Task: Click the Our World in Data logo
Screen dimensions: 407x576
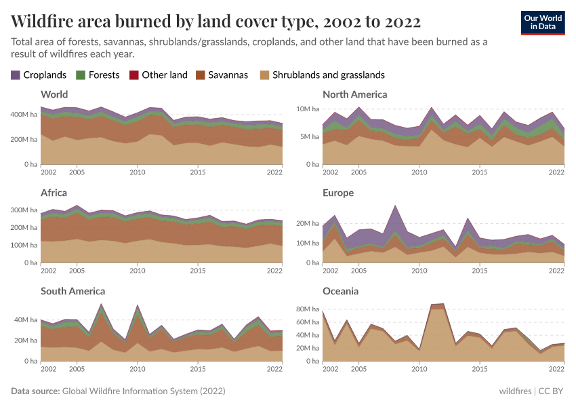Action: (542, 22)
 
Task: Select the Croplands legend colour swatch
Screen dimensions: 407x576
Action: (16, 75)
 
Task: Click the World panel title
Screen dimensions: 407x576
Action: (54, 94)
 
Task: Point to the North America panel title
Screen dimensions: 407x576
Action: (354, 94)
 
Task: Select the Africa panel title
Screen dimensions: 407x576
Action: (54, 193)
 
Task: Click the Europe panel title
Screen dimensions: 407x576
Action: (338, 193)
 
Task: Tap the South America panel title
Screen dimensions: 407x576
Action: (73, 291)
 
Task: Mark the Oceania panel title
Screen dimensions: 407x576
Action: (341, 291)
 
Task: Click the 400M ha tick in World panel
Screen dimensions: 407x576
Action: (24, 115)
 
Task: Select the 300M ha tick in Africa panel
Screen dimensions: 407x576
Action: (24, 211)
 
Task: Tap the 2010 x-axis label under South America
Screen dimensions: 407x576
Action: (138, 368)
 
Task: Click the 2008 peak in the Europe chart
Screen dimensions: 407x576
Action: (395, 206)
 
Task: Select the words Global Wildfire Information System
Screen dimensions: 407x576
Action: (131, 391)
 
